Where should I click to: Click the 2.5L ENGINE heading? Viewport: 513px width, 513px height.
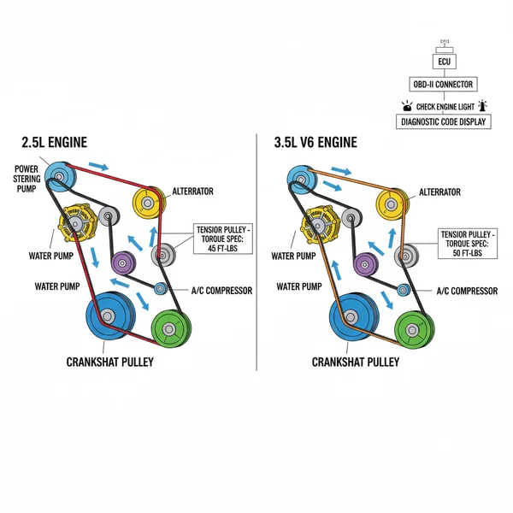point(54,143)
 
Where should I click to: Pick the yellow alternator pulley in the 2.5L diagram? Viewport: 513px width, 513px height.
point(150,202)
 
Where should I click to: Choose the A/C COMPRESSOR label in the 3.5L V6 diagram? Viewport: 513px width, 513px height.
point(467,292)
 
